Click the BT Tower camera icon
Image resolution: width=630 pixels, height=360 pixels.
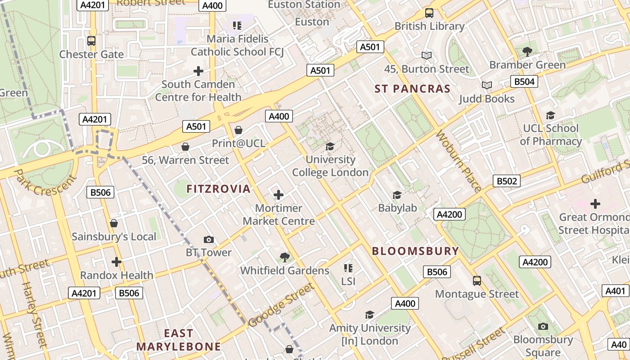point(208,239)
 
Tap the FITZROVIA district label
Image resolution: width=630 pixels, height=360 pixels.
point(218,189)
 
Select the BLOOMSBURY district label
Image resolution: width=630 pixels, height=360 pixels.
point(415,251)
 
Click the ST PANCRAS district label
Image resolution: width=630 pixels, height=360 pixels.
point(413,89)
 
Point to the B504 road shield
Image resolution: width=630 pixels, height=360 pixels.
point(524,81)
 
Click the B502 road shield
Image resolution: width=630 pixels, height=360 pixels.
point(507,181)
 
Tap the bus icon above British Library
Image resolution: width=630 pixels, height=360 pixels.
point(429,13)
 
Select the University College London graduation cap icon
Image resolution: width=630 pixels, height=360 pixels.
point(330,146)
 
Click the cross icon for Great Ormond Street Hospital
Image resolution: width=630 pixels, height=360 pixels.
point(595,204)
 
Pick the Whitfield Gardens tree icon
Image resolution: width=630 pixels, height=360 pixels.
point(284,257)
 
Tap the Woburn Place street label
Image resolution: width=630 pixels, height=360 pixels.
point(459,162)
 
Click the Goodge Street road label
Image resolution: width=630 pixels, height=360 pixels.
point(281,305)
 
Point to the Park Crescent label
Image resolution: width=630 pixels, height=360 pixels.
point(45,182)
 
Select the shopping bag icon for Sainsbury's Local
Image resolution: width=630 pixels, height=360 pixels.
point(114,223)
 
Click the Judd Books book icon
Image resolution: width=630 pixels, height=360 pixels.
point(486,85)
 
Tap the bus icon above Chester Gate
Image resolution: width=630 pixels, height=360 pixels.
point(91,41)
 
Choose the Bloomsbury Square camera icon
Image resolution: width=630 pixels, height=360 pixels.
point(543,326)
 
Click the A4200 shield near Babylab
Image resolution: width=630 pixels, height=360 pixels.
point(450,214)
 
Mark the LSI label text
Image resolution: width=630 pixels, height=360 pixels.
point(348,281)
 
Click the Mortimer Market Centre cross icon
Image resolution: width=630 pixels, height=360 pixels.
point(279,195)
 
